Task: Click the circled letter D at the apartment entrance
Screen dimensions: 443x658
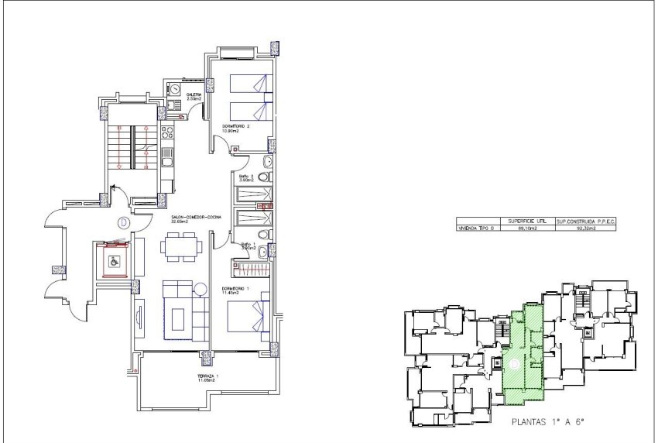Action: point(124,223)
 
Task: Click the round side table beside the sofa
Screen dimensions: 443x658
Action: point(201,290)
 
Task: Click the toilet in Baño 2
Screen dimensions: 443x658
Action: point(266,162)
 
